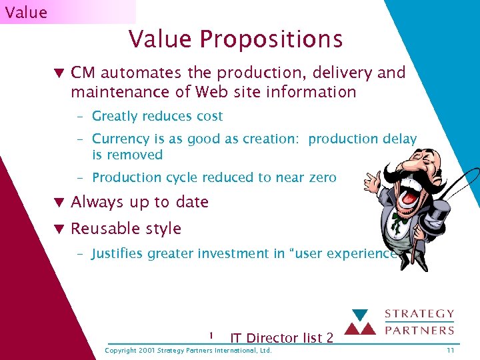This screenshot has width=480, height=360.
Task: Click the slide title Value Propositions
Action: click(x=235, y=39)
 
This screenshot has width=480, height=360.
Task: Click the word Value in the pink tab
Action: click(x=26, y=12)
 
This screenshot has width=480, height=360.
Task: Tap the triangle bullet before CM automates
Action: click(x=59, y=73)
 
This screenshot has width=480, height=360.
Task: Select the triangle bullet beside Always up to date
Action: click(x=59, y=202)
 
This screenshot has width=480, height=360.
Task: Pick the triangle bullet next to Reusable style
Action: click(x=59, y=229)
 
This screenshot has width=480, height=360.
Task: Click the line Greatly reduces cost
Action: click(x=157, y=116)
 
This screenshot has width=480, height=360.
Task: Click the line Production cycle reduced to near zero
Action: click(x=214, y=177)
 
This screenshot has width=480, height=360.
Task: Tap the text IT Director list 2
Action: click(x=281, y=338)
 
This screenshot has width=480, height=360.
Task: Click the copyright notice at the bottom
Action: click(x=189, y=351)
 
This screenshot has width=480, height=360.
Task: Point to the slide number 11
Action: click(x=451, y=351)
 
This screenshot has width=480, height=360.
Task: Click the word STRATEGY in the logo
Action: click(x=420, y=314)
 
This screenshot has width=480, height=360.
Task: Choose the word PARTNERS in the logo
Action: click(x=420, y=329)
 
